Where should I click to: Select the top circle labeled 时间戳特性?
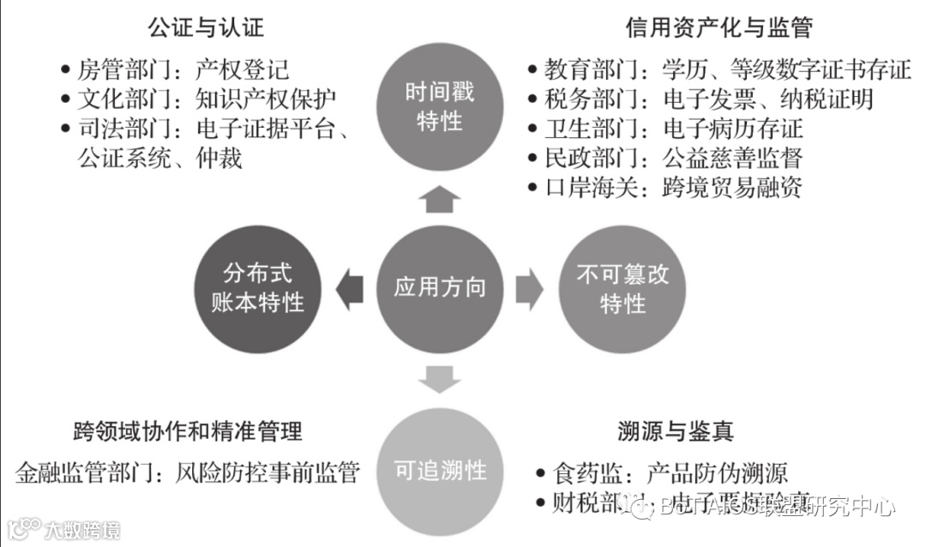click(x=439, y=106)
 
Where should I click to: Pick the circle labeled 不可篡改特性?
click(x=622, y=289)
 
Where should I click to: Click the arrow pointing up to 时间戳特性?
click(x=439, y=199)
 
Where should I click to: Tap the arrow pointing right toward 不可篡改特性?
click(x=529, y=289)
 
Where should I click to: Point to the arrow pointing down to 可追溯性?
click(x=439, y=379)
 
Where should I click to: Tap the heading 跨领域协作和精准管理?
click(x=188, y=430)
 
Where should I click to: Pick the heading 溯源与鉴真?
click(x=675, y=430)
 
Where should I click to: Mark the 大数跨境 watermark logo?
click(x=62, y=528)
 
